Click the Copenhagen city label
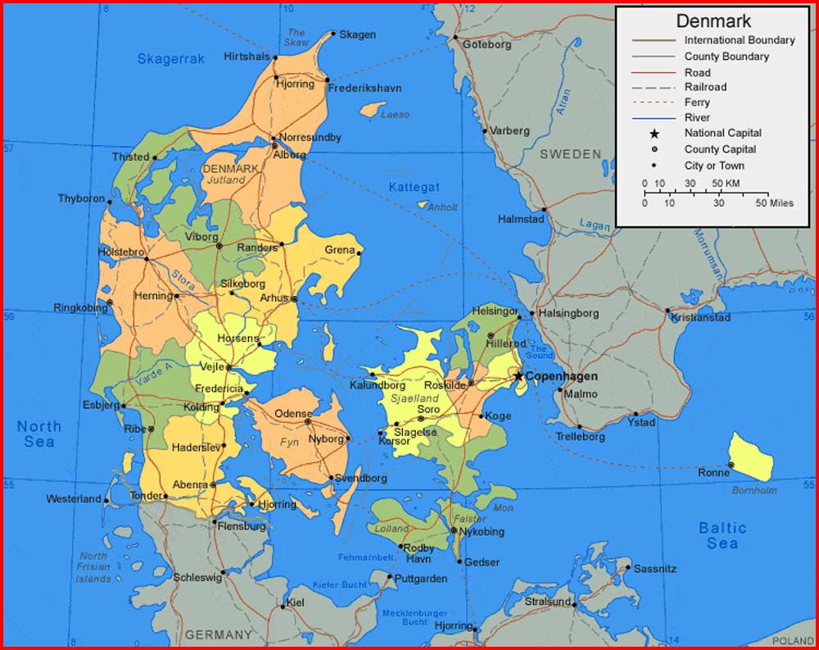coord(561,376)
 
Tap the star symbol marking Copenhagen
coord(518,376)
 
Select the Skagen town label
coord(358,34)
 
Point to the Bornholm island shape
coord(751,457)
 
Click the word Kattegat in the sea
coord(414,188)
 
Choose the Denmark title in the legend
coord(713,21)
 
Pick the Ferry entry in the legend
coord(697,102)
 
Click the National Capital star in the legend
coord(654,133)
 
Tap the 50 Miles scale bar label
coord(775,203)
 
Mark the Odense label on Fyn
coord(293,414)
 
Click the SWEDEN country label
coord(570,154)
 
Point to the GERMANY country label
coord(218,634)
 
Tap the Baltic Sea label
coord(722,535)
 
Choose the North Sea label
coord(39,434)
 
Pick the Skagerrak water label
coord(170,59)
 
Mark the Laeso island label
coord(395,115)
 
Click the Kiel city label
coord(295,604)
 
